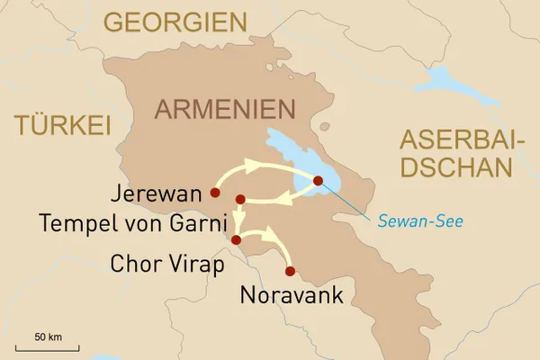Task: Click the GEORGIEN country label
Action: coord(175,22)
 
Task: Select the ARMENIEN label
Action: coord(225,110)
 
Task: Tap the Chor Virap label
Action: coord(162,264)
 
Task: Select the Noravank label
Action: coord(292,296)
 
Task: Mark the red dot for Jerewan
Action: coord(214,192)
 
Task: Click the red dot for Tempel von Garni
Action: coord(240,199)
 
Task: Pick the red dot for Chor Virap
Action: coord(236,239)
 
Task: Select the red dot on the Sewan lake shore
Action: coord(318,181)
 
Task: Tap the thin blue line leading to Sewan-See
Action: coord(355,202)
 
